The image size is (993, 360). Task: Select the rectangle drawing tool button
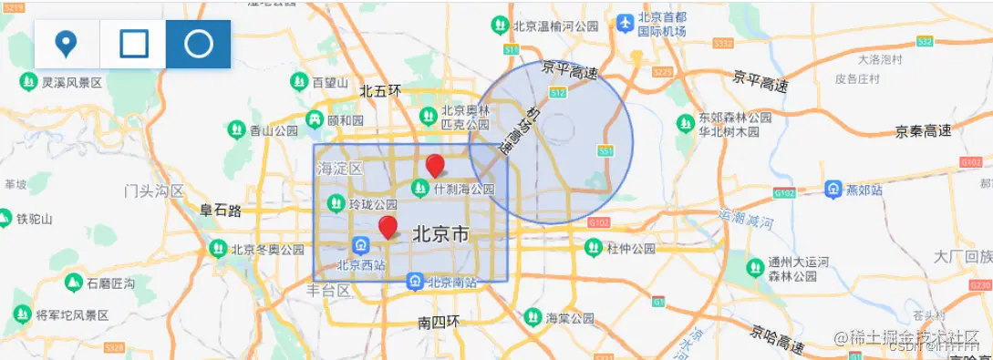click(133, 44)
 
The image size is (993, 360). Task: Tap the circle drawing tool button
click(198, 44)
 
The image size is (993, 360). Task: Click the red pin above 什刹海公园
click(436, 165)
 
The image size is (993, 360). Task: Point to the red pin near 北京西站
click(388, 227)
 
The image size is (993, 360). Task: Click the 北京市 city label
click(440, 234)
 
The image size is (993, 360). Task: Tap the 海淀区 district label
click(339, 169)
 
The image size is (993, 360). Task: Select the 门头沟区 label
click(154, 191)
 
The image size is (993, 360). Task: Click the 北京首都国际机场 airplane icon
click(626, 21)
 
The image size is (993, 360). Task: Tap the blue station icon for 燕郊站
click(833, 190)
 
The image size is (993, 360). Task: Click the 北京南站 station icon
click(415, 283)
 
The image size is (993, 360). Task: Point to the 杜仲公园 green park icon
click(594, 248)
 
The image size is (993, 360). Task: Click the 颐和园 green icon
click(314, 119)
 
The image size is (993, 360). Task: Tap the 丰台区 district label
click(328, 291)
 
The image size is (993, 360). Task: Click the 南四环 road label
click(439, 323)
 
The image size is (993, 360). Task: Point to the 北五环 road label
click(380, 90)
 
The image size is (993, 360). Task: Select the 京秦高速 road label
click(923, 132)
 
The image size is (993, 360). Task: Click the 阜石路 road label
click(221, 211)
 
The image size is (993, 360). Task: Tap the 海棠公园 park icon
click(532, 317)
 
